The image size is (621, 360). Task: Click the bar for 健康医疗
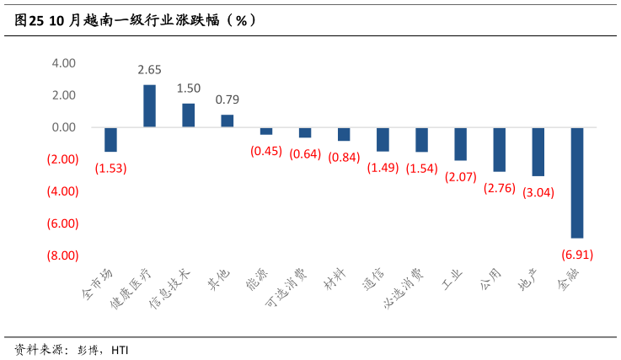point(149,106)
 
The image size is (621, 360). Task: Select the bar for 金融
point(577,182)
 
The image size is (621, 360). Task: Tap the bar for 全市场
point(110,140)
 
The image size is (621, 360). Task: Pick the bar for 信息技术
point(188,116)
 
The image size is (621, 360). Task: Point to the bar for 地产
point(538,152)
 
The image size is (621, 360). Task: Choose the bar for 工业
point(460,144)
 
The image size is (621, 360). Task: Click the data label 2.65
point(149,70)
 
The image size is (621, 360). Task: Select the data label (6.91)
point(577,253)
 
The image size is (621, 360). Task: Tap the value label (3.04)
point(538,191)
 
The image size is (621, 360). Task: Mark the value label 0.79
point(227,99)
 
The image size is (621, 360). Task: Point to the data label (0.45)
point(266,152)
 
